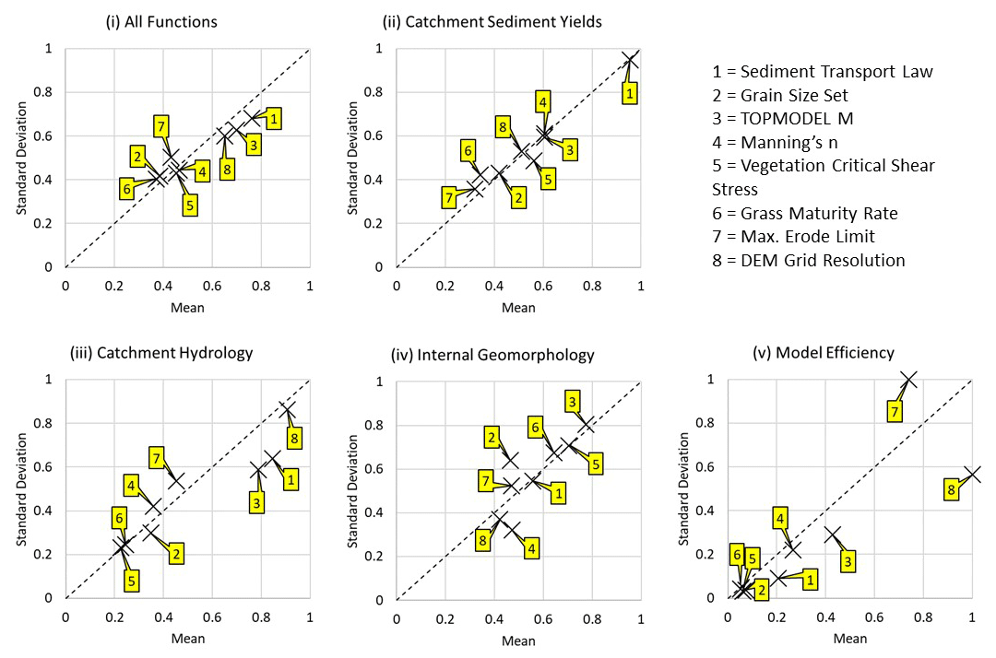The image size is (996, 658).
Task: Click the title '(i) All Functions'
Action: point(161,21)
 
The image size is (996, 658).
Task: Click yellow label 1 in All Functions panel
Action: point(274,118)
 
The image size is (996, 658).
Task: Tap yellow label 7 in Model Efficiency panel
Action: point(894,411)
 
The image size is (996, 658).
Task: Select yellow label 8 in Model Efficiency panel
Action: point(952,490)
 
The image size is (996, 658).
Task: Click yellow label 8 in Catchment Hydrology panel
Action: point(294,438)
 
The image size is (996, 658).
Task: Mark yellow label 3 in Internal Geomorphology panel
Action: point(573,401)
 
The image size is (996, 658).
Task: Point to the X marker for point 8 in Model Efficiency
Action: point(972,475)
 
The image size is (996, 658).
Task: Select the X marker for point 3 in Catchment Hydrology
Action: point(258,471)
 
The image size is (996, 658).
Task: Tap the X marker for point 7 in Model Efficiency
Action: point(909,380)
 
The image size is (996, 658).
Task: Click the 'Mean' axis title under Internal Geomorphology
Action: point(519,640)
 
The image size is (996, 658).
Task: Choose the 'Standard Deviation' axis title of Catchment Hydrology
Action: point(21,489)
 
